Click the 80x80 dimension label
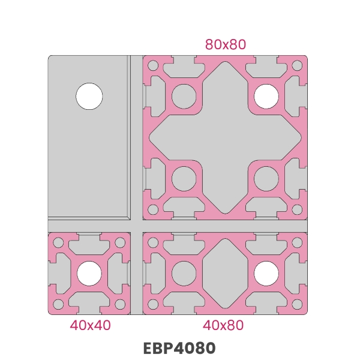click(x=226, y=44)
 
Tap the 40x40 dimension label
click(x=90, y=325)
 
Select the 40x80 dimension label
click(x=223, y=325)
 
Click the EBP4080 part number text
click(x=179, y=348)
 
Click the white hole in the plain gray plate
click(x=89, y=96)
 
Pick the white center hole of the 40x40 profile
click(x=89, y=274)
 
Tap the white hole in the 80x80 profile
click(x=266, y=96)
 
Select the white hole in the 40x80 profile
click(x=266, y=274)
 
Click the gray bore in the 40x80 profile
click(x=184, y=274)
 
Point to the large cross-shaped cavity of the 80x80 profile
click(x=225, y=137)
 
